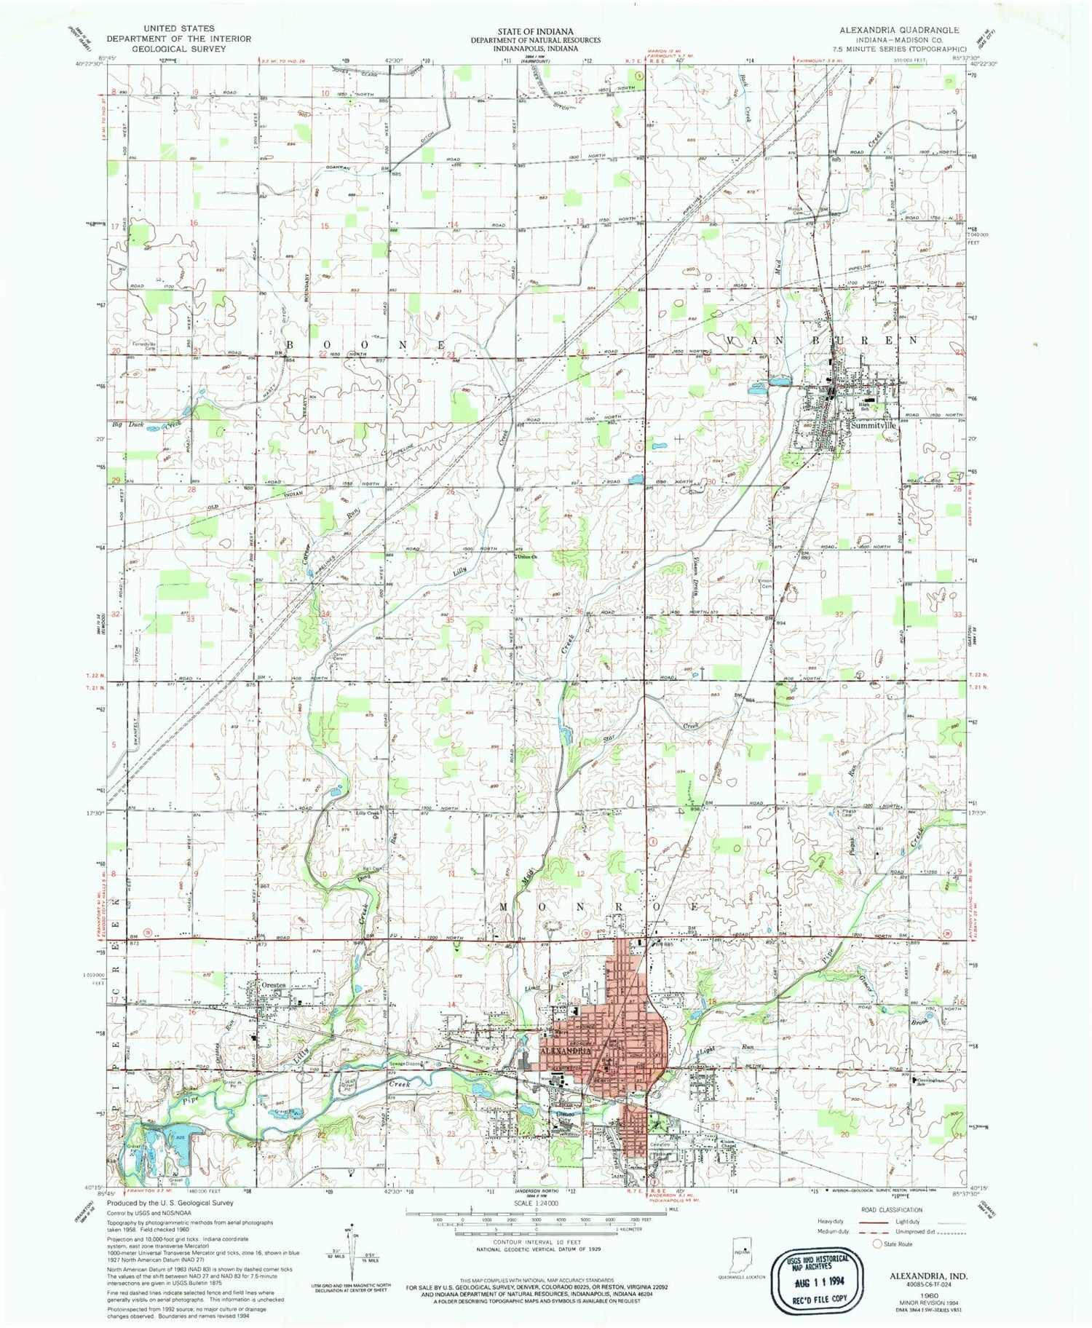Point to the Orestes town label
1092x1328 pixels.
coord(272,985)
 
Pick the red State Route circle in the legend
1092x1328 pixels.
coord(877,1244)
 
